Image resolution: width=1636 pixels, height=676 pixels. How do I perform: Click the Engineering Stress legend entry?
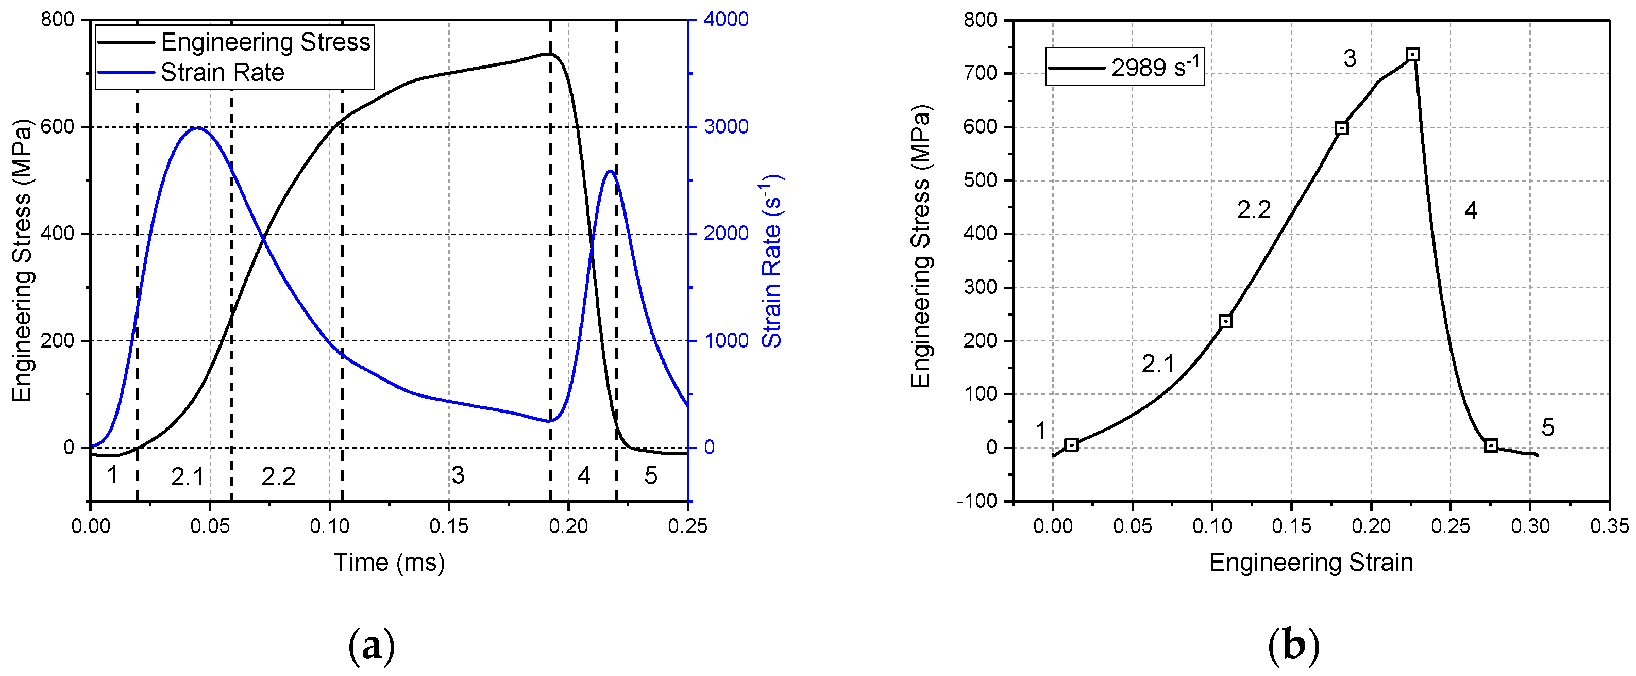click(265, 42)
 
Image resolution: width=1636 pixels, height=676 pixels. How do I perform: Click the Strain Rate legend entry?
click(222, 72)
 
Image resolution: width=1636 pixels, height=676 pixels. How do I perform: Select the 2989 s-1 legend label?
click(1155, 67)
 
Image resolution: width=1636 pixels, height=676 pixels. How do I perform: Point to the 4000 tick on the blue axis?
click(726, 20)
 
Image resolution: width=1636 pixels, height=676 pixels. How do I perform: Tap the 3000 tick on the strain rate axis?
click(726, 126)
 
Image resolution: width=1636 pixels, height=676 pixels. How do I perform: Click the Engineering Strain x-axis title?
click(1311, 562)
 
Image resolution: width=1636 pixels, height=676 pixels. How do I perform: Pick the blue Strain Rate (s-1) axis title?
click(772, 260)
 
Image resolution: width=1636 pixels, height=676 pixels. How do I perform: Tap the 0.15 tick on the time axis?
click(448, 526)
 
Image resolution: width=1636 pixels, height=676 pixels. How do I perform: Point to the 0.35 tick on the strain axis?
click(1609, 526)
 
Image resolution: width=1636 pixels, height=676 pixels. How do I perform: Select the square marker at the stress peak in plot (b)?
click(1412, 54)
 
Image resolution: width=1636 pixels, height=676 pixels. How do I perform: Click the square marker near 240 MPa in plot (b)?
click(1226, 321)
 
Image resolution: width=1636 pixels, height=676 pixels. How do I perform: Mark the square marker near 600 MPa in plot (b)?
click(1341, 128)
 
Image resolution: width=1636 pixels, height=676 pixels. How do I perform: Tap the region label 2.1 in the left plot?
click(188, 476)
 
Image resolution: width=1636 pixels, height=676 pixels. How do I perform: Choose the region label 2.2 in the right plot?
click(1253, 210)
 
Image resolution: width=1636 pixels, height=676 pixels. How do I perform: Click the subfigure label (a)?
click(372, 646)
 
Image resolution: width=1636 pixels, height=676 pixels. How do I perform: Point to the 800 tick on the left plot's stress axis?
click(57, 20)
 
